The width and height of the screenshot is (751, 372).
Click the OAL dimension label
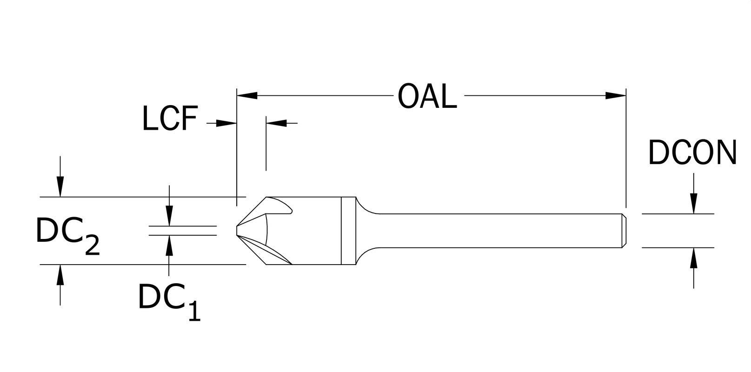(x=427, y=97)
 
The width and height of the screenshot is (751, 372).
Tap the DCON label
(x=692, y=153)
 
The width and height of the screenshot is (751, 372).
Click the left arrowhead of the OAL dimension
(x=247, y=95)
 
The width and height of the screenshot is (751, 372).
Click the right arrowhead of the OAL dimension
(x=616, y=95)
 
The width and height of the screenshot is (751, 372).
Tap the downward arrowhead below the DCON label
(x=693, y=203)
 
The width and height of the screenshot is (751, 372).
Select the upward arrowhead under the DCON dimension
(x=693, y=258)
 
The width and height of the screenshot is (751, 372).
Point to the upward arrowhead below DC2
(x=60, y=275)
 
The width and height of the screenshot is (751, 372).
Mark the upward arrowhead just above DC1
(x=169, y=246)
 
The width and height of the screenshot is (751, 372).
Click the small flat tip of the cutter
(x=237, y=231)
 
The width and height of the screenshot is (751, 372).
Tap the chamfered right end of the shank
(x=624, y=231)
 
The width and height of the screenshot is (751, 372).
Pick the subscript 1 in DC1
(x=194, y=311)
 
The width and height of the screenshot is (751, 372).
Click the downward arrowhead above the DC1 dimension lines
(x=169, y=216)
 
